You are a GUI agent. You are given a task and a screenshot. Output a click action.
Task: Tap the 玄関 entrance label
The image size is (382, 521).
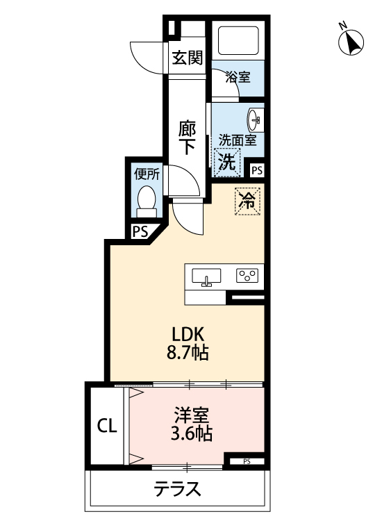click(188, 58)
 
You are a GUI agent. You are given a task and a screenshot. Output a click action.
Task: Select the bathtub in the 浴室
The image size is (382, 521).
click(238, 41)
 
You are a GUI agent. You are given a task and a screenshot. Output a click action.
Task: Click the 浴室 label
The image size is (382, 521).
click(238, 77)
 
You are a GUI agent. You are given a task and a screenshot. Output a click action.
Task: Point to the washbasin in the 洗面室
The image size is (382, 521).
click(255, 119)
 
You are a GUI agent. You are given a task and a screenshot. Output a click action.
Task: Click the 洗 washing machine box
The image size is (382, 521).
click(227, 162)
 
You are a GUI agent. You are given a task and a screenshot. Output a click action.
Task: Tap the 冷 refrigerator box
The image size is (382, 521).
click(247, 201)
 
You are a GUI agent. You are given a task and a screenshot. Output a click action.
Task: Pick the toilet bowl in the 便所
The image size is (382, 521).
click(147, 200)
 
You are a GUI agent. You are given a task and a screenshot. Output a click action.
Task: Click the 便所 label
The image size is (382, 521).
click(147, 174)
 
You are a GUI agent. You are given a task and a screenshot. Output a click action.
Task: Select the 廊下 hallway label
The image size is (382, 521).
click(187, 137)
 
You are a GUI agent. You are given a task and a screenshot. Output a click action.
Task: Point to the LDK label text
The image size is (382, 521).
click(187, 332)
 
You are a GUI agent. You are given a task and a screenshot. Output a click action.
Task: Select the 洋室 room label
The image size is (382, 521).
click(192, 416)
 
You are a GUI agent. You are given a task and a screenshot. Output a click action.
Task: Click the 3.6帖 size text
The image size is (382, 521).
click(192, 435)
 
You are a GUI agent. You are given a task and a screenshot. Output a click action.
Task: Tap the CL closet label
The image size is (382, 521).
click(106, 425)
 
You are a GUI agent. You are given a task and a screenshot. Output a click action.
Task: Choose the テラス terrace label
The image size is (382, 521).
click(178, 489)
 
